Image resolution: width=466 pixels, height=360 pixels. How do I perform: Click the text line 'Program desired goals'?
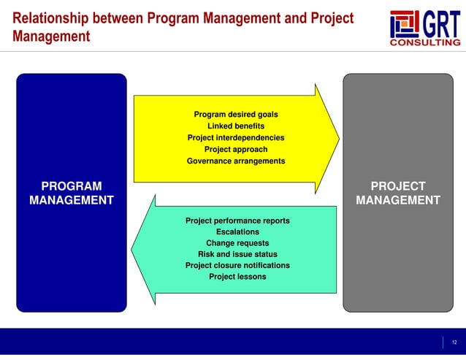click(x=235, y=114)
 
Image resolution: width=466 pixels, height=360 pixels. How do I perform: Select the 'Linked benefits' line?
click(x=235, y=126)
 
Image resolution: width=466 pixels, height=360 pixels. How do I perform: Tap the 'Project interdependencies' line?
click(x=235, y=137)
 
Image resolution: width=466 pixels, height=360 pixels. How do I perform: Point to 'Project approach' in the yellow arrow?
click(x=235, y=149)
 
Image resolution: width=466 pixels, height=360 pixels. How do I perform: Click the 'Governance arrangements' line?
click(x=235, y=161)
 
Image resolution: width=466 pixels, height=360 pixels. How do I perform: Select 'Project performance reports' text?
click(x=237, y=221)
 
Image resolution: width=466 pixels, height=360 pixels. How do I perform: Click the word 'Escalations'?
click(x=237, y=232)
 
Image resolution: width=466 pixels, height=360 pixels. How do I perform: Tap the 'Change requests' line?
click(x=237, y=243)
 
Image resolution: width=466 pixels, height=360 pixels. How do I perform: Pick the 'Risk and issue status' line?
click(x=237, y=254)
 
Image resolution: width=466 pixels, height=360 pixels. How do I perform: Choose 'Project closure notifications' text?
click(x=237, y=265)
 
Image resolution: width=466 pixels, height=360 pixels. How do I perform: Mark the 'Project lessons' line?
click(x=237, y=277)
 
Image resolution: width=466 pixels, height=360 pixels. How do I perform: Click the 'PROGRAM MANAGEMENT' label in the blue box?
click(x=71, y=193)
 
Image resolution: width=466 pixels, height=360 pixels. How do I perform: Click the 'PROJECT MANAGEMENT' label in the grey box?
click(x=397, y=193)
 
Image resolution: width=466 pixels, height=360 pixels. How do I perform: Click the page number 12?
click(x=454, y=342)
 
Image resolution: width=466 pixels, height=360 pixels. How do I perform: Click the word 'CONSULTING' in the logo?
click(x=426, y=42)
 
